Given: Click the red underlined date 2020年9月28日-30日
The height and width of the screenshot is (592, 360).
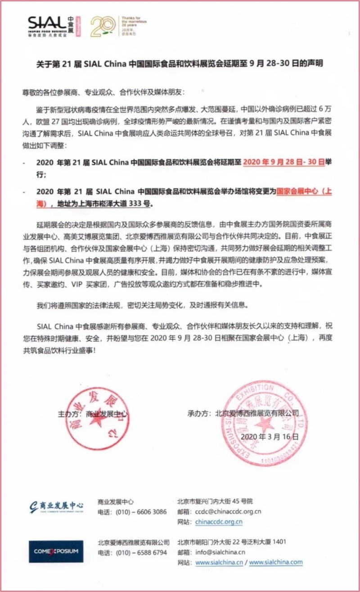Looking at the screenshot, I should [283, 163].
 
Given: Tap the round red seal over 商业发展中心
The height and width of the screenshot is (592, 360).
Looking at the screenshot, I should [91, 419].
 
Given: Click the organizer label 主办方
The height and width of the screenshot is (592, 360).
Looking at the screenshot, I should [69, 413].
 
